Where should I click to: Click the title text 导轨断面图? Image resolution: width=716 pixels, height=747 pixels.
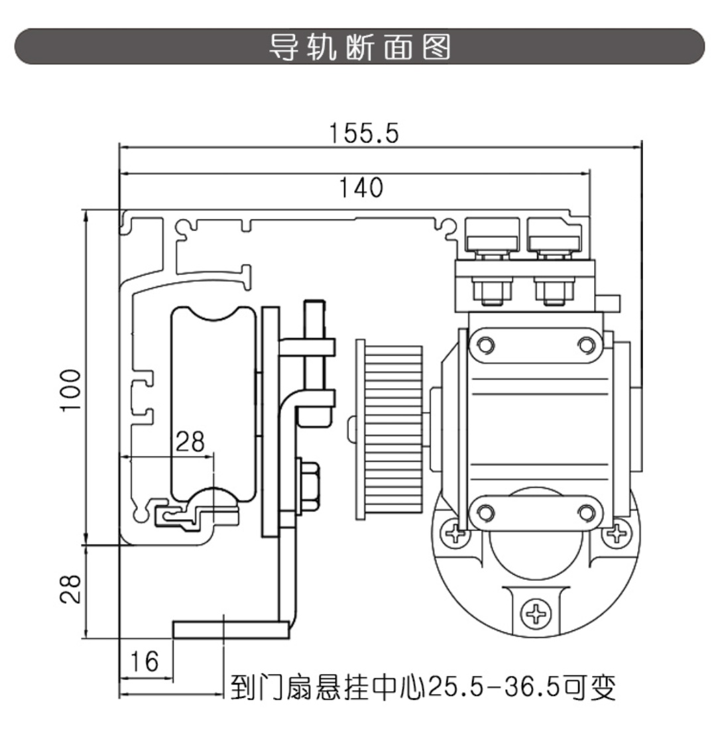(x=359, y=46)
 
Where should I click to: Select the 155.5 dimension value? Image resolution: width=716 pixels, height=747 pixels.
(x=364, y=133)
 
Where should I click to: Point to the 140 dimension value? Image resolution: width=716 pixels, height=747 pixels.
(x=361, y=188)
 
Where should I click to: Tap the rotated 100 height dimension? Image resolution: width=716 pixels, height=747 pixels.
(x=71, y=390)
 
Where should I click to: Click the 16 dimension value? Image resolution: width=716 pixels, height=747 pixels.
(x=145, y=661)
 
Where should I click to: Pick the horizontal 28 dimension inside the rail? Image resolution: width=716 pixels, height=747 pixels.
(x=190, y=441)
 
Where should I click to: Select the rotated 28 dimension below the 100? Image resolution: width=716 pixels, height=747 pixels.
(x=71, y=588)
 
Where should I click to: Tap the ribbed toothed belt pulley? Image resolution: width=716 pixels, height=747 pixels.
(x=390, y=430)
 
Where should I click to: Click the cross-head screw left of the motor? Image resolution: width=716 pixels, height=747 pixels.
(x=455, y=532)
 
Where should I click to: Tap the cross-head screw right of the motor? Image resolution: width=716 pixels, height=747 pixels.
(x=618, y=532)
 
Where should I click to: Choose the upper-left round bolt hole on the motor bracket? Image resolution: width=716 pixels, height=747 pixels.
(x=486, y=344)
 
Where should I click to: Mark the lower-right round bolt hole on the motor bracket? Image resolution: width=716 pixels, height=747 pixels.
(x=585, y=512)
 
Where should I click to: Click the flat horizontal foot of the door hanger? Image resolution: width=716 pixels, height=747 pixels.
(x=231, y=629)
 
